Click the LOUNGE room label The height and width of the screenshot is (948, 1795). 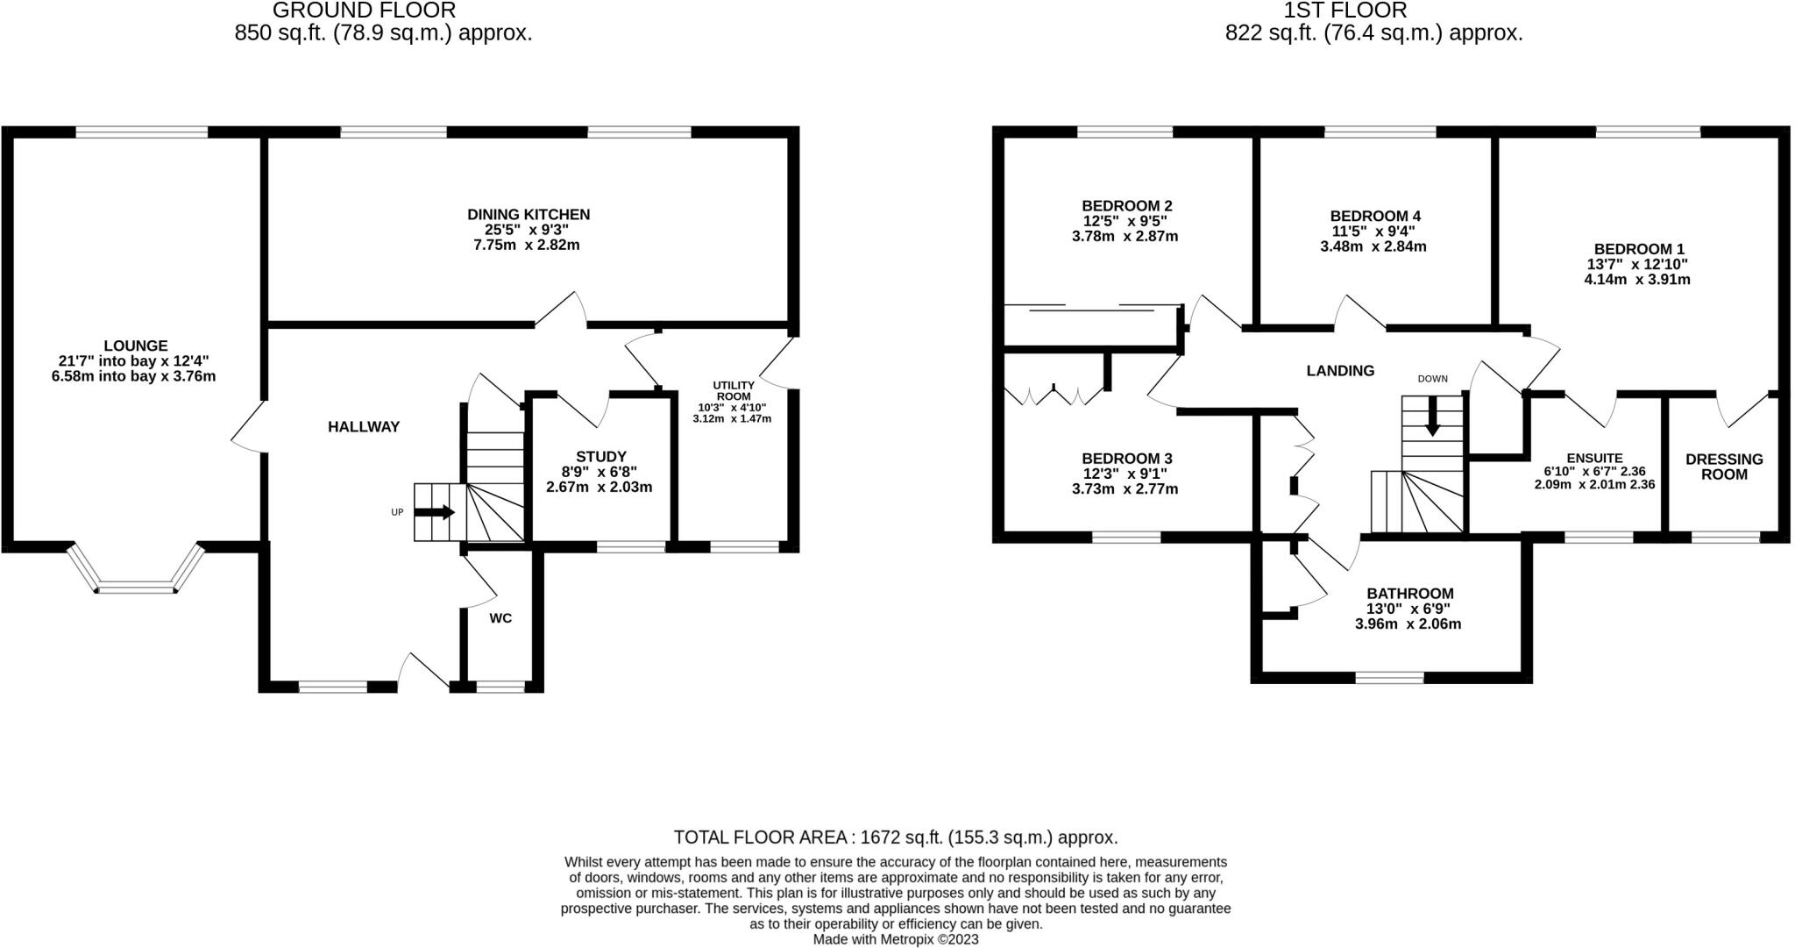pyautogui.click(x=134, y=346)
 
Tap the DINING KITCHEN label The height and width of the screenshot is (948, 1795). pyautogui.click(x=528, y=214)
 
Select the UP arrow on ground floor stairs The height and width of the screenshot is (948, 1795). pyautogui.click(x=436, y=512)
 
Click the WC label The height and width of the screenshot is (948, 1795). pyautogui.click(x=500, y=618)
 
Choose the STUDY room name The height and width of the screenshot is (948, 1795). pyautogui.click(x=600, y=456)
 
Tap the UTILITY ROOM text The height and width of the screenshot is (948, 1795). pyautogui.click(x=733, y=391)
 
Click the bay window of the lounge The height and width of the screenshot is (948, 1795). pyautogui.click(x=136, y=586)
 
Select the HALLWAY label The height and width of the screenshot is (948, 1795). pyautogui.click(x=364, y=427)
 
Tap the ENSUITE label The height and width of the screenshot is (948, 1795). pyautogui.click(x=1594, y=458)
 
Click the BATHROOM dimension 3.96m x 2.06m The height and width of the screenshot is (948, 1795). pyautogui.click(x=1408, y=624)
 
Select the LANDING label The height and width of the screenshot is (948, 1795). pyautogui.click(x=1340, y=371)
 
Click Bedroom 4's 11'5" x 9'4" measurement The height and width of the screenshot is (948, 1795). pyautogui.click(x=1373, y=232)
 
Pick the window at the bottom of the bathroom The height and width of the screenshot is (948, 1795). pyautogui.click(x=1389, y=677)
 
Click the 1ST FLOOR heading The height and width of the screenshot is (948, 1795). pyautogui.click(x=1373, y=11)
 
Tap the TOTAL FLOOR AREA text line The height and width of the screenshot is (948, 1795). pyautogui.click(x=895, y=837)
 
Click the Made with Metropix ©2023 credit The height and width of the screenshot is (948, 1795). pyautogui.click(x=895, y=939)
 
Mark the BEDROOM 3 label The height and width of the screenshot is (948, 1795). pyautogui.click(x=1126, y=459)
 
